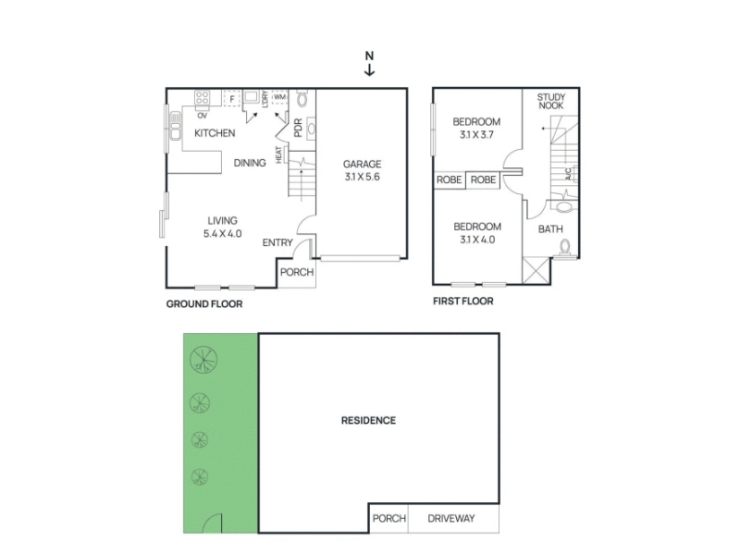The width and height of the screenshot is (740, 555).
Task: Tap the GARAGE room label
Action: (x=362, y=165)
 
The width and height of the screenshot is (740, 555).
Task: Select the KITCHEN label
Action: (x=215, y=133)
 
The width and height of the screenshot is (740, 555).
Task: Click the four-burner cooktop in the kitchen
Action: (x=202, y=98)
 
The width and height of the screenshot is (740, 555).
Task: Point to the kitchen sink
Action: (x=176, y=126)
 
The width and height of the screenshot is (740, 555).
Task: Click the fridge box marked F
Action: (x=232, y=99)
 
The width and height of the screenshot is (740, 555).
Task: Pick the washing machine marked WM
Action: (x=280, y=97)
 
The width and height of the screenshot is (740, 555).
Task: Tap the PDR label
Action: (x=298, y=128)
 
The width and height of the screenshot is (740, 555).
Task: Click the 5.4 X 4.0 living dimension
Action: (x=222, y=233)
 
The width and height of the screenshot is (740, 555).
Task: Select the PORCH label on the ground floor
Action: (x=297, y=272)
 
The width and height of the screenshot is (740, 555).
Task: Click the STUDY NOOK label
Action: (x=551, y=102)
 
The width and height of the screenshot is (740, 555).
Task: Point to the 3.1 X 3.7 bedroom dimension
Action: (x=476, y=134)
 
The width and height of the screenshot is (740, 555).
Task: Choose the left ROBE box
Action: (x=450, y=179)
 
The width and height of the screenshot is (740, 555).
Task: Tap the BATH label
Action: (x=550, y=229)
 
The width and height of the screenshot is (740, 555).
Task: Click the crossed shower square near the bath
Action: (x=536, y=270)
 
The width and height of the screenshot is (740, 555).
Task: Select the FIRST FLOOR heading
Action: (x=463, y=302)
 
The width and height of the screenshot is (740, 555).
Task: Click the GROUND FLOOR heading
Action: (x=204, y=304)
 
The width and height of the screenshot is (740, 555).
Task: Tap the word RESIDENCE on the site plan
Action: (x=368, y=421)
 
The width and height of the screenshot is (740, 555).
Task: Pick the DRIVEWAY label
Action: (x=451, y=519)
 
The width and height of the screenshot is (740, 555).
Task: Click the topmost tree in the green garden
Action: (x=203, y=360)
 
